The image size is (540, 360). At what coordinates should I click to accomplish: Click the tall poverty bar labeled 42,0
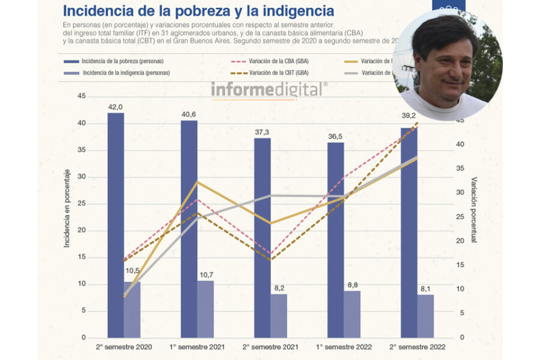click(x=116, y=225)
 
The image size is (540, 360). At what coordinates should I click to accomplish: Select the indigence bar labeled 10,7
click(x=205, y=309)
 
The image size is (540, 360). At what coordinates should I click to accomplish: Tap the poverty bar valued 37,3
click(x=262, y=238)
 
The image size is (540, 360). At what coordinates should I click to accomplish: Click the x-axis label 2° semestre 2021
click(x=271, y=347)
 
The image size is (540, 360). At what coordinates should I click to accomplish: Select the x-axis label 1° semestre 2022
click(x=344, y=347)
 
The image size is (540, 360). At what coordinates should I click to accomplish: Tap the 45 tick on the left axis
click(x=82, y=96)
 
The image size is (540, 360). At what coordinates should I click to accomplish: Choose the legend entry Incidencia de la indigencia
click(x=126, y=73)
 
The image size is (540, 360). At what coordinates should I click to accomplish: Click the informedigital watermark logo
click(x=269, y=89)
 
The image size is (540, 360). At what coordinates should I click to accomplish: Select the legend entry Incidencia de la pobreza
click(x=122, y=61)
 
